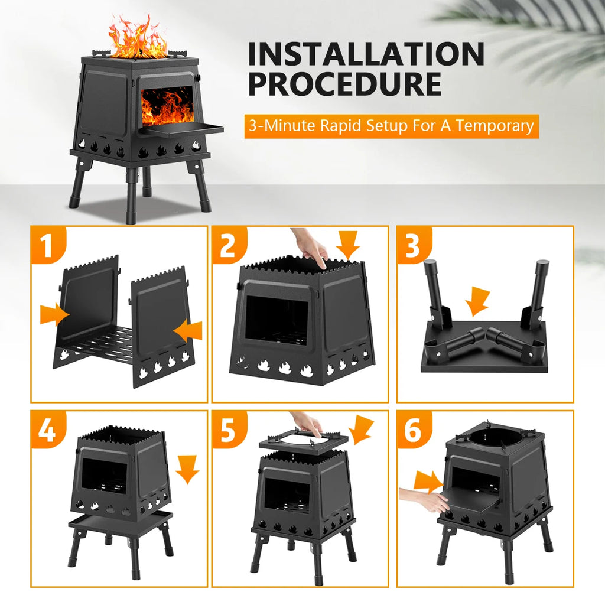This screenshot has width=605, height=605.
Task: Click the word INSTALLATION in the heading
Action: [x=366, y=54]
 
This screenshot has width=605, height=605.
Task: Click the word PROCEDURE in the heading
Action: [x=344, y=84]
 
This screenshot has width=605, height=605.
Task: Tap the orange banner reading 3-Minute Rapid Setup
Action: [x=391, y=126]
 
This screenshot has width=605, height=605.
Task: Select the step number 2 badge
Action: [x=227, y=246]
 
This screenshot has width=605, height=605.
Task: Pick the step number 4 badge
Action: [x=47, y=431]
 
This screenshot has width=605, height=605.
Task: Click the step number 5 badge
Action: [x=228, y=431]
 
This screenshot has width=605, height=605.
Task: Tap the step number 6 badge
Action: [x=413, y=431]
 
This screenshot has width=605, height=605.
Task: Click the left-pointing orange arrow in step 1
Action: [x=188, y=330]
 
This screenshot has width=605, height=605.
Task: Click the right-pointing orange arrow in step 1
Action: [x=54, y=314]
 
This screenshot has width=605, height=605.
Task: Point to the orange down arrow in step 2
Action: [x=347, y=244]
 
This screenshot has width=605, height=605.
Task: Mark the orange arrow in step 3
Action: [x=477, y=301]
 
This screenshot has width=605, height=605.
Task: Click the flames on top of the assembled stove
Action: [x=138, y=39]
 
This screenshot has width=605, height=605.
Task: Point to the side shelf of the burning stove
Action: [x=183, y=128]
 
